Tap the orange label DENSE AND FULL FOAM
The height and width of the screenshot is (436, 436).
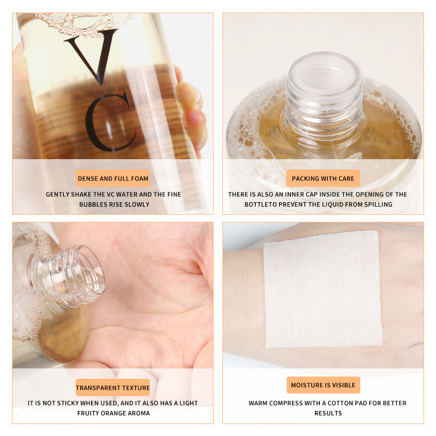point(113,178)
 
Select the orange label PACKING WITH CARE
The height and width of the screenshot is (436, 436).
point(323,178)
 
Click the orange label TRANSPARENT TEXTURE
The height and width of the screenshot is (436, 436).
point(113,387)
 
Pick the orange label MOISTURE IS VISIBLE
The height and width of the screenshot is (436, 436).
point(323,385)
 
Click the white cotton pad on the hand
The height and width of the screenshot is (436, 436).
point(323,289)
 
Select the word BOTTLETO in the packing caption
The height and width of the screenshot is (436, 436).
point(246,204)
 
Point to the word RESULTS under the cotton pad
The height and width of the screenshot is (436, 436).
point(328,413)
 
